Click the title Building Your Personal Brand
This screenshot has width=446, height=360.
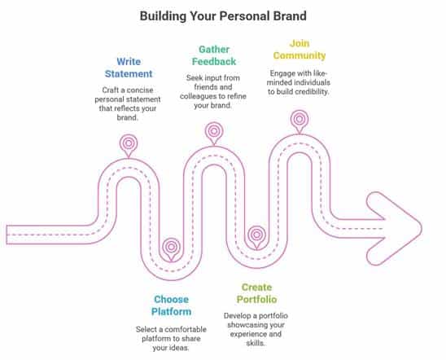point(223,16)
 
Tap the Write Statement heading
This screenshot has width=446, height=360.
point(129,68)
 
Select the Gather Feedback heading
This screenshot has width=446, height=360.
point(214,55)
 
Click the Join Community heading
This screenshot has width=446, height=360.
point(300,50)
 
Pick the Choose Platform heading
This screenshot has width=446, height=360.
point(171,305)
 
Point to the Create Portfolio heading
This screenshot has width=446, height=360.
point(256,293)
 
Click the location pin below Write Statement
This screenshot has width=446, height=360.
point(129,146)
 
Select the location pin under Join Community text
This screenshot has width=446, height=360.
point(300,121)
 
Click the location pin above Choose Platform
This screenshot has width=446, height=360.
point(171,249)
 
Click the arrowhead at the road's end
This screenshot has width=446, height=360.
point(394,229)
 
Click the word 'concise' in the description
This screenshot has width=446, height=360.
point(140,90)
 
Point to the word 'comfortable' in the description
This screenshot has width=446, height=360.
point(186,330)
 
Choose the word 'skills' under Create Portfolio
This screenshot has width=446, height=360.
point(256,343)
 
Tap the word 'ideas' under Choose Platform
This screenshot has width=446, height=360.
point(180,348)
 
